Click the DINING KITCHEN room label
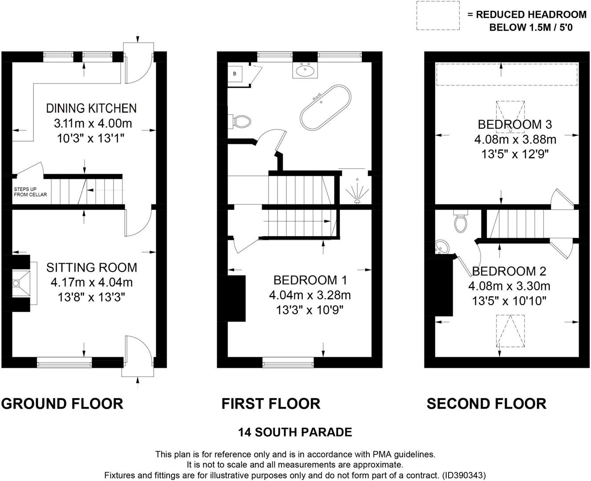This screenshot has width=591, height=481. point(91,108)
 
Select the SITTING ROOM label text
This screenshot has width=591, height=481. point(91,267)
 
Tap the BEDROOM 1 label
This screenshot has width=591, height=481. point(310,280)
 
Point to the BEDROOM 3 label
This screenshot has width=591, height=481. point(509,124)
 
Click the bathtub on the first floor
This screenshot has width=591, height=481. point(325,107)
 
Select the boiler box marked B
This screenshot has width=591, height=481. point(235,73)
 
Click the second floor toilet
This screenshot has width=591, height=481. point(460,222)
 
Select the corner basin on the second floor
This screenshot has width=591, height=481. point(442,247)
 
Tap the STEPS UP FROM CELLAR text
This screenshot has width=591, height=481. point(30,192)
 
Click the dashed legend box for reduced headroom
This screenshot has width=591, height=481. point(438,16)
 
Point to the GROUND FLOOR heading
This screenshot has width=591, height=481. point(62,404)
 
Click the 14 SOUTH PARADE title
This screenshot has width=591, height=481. point(295,432)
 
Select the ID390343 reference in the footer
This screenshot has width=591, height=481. point(463,475)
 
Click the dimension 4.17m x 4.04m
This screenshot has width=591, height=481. point(91,282)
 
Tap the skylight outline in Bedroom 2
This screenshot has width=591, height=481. point(510,331)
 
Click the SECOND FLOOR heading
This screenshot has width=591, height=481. point(486,404)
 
